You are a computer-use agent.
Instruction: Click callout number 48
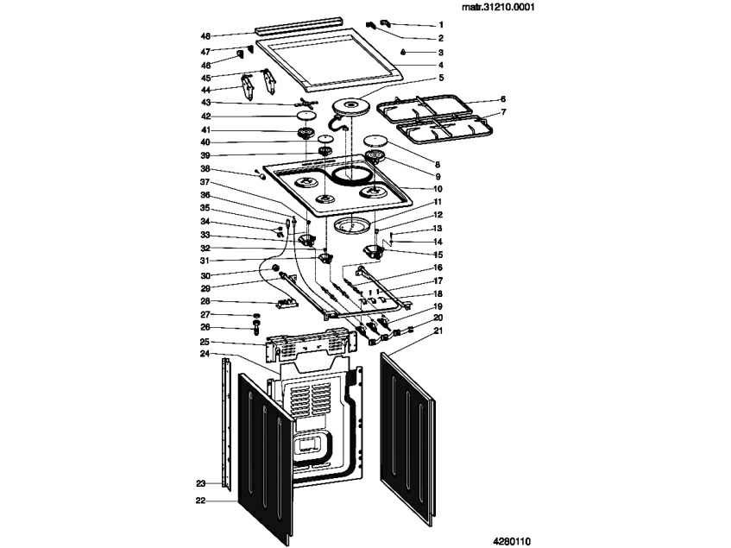[205, 36]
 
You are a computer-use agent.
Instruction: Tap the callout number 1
[441, 25]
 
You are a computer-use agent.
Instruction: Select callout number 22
[200, 501]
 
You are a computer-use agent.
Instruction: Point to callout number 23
[200, 483]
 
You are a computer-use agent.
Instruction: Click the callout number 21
[438, 331]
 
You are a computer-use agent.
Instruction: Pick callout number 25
[205, 342]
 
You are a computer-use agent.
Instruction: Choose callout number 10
[438, 189]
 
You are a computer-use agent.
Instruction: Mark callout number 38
[205, 168]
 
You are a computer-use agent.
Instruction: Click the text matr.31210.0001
[498, 8]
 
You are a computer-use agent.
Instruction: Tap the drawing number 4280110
[512, 541]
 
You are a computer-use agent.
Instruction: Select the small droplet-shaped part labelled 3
[404, 51]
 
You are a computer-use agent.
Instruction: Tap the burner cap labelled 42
[306, 116]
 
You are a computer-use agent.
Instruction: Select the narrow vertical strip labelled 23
[227, 423]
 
